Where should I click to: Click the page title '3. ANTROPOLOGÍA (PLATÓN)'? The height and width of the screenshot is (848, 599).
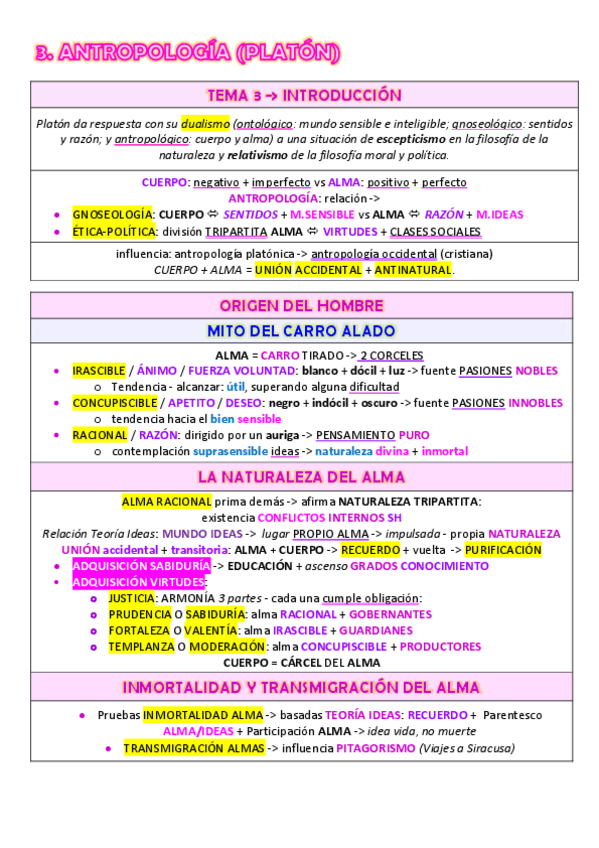185,52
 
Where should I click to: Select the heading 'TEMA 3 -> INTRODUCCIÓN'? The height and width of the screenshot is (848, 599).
303,95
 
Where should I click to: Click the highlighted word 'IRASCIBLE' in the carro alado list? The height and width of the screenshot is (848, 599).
99,371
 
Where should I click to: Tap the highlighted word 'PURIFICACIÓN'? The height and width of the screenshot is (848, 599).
503,550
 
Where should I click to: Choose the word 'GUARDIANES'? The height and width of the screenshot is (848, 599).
375,630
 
